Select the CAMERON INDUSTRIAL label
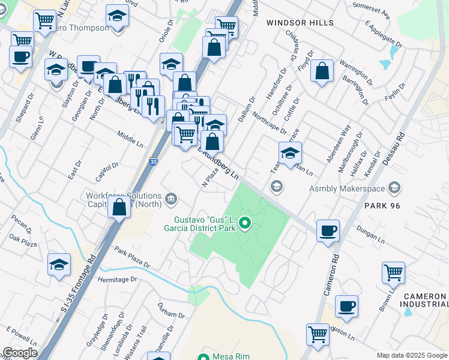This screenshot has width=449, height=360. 424,301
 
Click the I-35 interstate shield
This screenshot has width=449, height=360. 154,161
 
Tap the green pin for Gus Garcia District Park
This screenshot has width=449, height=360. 245,224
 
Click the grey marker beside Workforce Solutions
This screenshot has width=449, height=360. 171,199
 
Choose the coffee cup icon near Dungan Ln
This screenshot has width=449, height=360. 328,230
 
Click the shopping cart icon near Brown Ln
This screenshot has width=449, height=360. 393,273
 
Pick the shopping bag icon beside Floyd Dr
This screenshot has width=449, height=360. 322,71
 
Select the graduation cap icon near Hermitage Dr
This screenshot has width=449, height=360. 59,265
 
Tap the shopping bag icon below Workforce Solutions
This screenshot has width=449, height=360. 119,208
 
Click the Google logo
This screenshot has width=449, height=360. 19,353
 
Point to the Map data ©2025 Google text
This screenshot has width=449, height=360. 412,355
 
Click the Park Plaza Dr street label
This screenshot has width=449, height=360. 132,256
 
